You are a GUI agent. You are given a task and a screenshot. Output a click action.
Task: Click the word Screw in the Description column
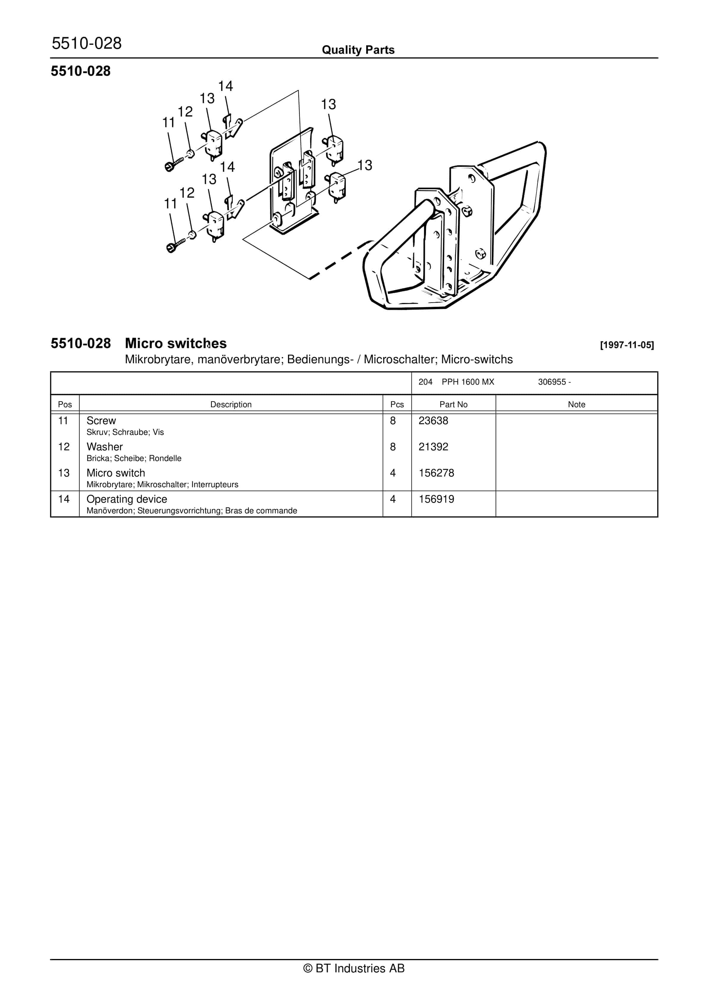[101, 421]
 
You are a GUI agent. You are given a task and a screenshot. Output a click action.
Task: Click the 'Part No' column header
[453, 404]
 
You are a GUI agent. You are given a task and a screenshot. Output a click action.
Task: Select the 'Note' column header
[576, 404]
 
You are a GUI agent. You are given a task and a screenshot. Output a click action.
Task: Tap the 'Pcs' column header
[397, 404]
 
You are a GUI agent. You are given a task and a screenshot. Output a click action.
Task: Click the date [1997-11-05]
[626, 345]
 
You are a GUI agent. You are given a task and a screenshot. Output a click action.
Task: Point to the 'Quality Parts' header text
[358, 50]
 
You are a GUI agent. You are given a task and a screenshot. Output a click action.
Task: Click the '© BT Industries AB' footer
[354, 968]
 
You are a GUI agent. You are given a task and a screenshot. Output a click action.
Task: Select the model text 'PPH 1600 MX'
[468, 382]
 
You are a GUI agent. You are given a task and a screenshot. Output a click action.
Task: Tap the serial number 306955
[552, 382]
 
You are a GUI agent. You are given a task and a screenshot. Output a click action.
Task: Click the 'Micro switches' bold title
[176, 343]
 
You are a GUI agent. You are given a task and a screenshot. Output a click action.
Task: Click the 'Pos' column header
[65, 404]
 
